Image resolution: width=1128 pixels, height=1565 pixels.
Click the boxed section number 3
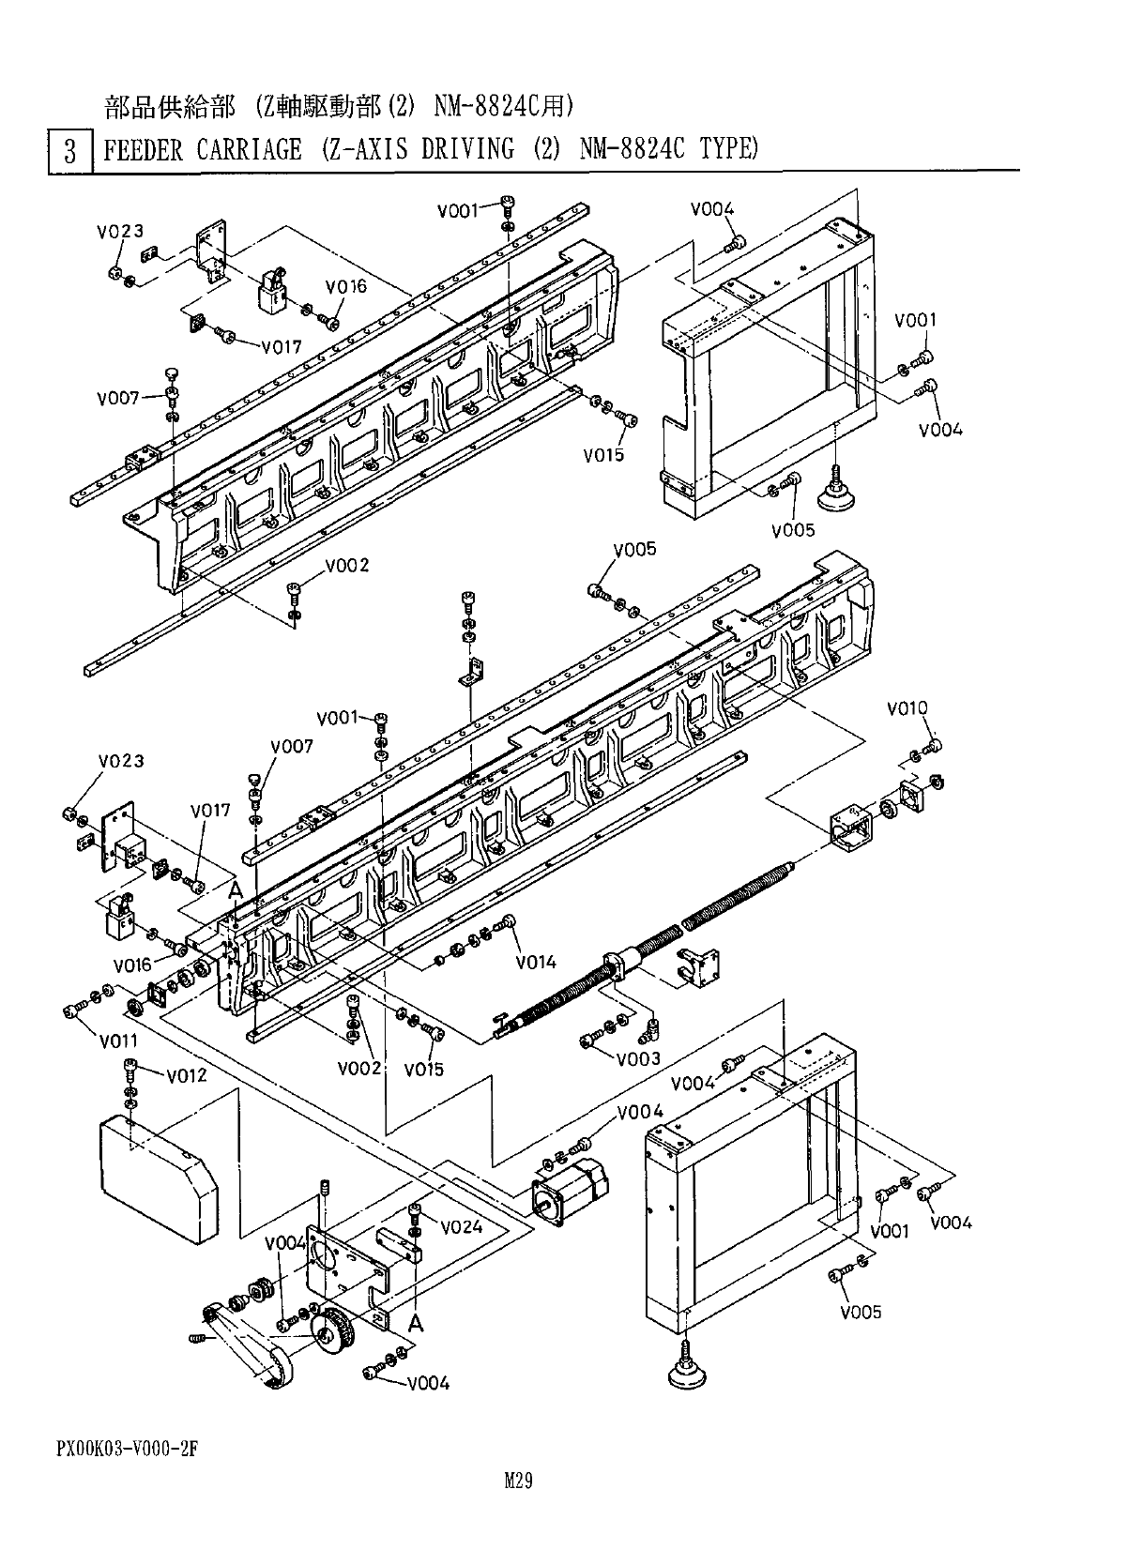click(69, 151)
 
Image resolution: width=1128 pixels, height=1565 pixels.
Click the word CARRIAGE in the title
click(249, 149)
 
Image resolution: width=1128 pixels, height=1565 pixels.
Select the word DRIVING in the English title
click(467, 149)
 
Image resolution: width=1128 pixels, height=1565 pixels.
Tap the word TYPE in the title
click(728, 149)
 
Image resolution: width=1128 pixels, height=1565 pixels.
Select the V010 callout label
click(907, 708)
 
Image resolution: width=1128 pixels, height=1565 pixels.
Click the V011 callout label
click(118, 1041)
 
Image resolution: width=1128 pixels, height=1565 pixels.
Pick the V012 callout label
click(187, 1075)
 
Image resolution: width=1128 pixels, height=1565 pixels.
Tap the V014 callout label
click(536, 962)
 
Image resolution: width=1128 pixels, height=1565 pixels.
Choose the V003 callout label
click(639, 1058)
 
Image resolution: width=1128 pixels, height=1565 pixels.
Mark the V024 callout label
click(462, 1227)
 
